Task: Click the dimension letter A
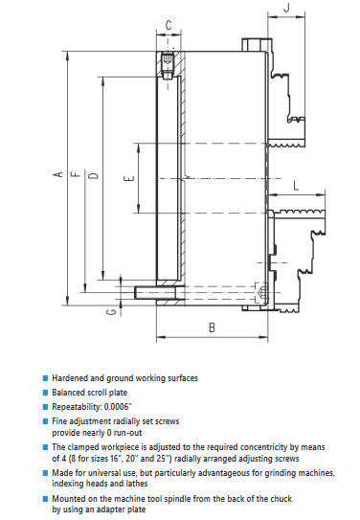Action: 58,174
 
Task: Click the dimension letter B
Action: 213,328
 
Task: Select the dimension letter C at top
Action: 169,25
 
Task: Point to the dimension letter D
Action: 95,175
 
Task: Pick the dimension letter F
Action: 77,174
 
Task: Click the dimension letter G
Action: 112,312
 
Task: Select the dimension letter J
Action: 286,7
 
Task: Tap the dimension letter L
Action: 296,186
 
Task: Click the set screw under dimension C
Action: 168,65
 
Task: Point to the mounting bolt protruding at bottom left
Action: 156,292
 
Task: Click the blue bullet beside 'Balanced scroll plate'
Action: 46,393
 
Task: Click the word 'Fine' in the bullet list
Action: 58,421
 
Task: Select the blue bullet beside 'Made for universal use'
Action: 46,473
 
